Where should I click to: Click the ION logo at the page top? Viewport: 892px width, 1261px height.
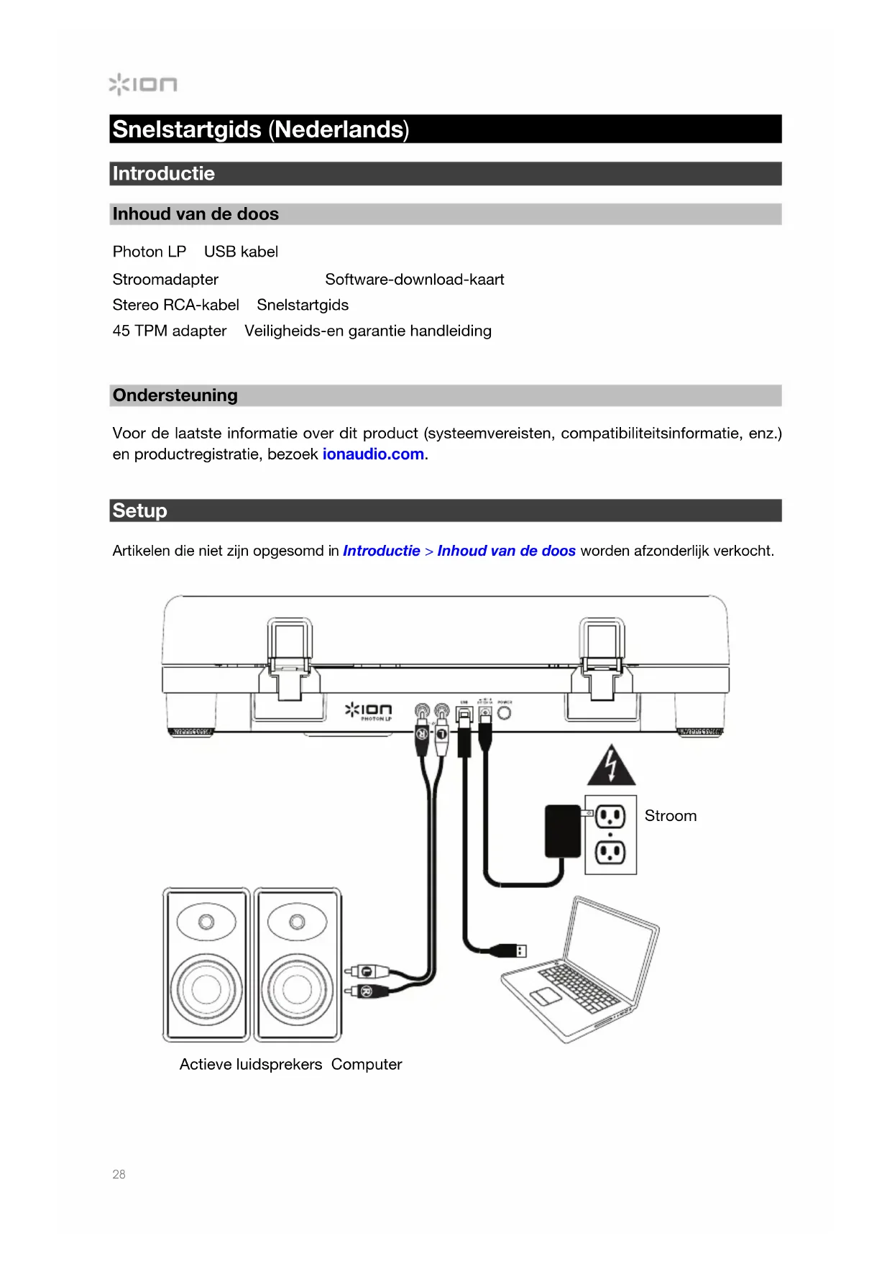tap(143, 84)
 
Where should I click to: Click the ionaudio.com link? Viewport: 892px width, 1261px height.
tap(373, 454)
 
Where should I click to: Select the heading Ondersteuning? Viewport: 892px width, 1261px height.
tap(175, 395)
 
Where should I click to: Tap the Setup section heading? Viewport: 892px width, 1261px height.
tap(139, 510)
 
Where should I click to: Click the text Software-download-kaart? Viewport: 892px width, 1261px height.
tap(414, 279)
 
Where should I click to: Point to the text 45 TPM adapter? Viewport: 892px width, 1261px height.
tap(169, 331)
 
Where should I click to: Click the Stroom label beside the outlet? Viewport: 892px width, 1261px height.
tap(670, 816)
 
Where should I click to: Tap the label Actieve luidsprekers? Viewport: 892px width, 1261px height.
tap(250, 1064)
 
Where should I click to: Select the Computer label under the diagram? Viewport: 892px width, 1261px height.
tap(367, 1064)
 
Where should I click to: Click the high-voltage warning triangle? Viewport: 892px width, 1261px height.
tap(611, 767)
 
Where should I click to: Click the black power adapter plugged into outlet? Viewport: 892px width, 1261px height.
tap(563, 831)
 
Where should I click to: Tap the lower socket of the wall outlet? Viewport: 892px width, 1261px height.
tap(610, 853)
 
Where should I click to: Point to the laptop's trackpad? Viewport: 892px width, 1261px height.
tap(546, 996)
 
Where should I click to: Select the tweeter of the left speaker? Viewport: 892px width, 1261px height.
tap(206, 922)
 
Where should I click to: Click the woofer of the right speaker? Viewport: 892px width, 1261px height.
tap(297, 989)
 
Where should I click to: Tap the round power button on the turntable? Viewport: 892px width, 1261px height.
tap(505, 712)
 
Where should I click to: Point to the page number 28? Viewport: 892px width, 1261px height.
tap(119, 1174)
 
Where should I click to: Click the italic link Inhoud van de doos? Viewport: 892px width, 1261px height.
tap(506, 551)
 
